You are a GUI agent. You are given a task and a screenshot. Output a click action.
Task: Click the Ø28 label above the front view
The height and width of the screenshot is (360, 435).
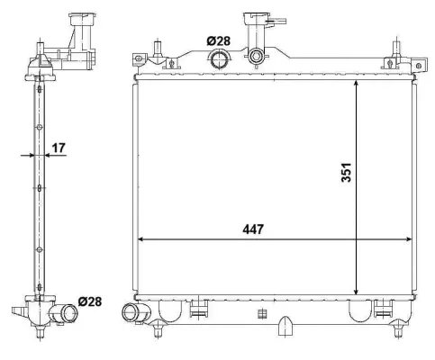tap(218, 40)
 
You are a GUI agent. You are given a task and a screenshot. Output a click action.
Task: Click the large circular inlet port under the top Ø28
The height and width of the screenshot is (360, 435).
tap(219, 59)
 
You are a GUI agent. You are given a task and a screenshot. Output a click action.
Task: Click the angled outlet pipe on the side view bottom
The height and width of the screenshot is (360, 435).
tap(65, 315)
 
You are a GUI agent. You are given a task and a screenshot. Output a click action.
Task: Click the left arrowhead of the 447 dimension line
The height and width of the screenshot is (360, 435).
tap(140, 240)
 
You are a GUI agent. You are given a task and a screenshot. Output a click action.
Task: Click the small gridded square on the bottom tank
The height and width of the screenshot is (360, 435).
tap(262, 313)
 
